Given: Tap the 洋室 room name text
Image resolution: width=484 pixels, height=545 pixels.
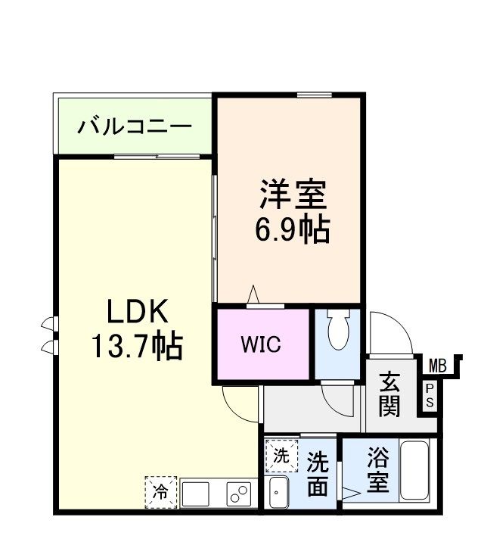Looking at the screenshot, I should pos(293,195).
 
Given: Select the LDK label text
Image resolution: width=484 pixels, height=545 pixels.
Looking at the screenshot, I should pos(136,312).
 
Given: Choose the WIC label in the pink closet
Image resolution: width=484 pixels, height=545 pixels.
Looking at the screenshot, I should pos(261,344).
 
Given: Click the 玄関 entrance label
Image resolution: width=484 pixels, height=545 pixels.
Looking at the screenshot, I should pos(389,394).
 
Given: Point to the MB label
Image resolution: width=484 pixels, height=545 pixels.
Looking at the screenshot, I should pos(438,366).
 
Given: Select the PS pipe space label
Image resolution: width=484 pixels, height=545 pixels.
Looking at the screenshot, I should pos(430,395).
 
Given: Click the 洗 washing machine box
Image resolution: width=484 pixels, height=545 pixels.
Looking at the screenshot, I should pos(281,456).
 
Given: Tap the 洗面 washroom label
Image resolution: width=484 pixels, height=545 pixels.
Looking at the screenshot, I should pos(318,474).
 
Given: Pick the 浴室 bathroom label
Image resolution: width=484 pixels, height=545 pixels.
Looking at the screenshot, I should pos(379,471).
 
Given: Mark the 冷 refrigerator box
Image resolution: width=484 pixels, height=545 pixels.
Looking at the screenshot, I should pos(160,490).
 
